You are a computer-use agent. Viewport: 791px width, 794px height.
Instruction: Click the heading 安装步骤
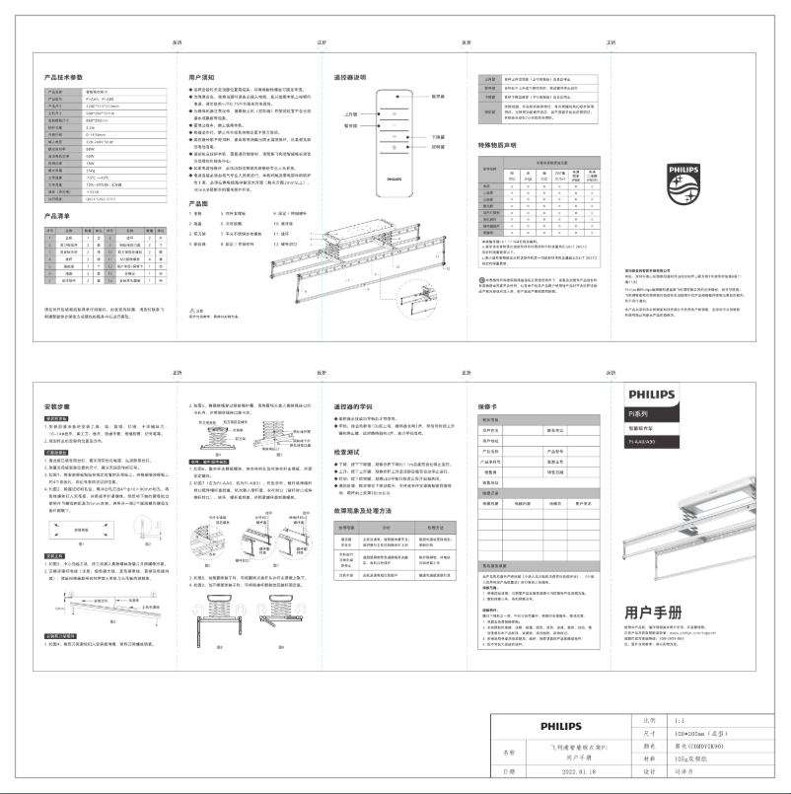pyautogui.click(x=60, y=405)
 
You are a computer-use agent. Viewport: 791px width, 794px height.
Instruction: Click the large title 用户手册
pyautogui.click(x=655, y=613)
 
